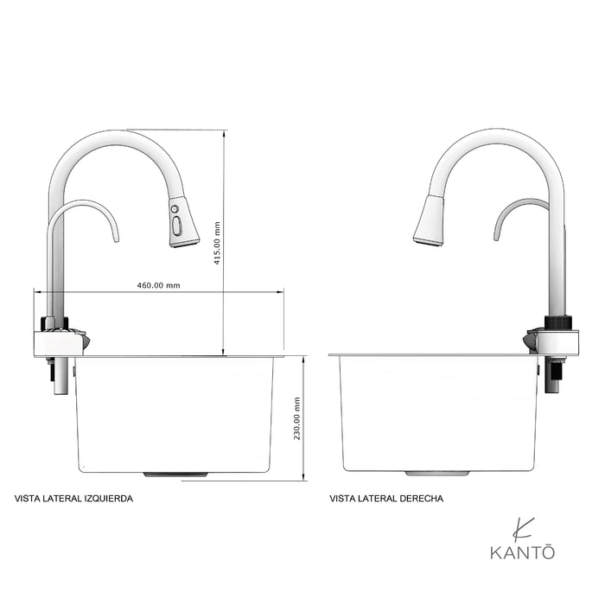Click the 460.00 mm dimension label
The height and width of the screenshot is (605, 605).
pos(158,285)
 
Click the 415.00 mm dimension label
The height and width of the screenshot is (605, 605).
pos(217,243)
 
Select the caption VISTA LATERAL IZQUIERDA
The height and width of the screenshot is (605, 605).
pos(74,499)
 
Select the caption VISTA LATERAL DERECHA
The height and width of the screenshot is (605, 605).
pos(386,499)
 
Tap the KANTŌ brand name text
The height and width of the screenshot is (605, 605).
pos(523,551)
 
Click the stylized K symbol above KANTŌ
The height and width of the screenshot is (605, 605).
pos(522,527)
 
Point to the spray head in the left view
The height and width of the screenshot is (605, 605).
pos(183,222)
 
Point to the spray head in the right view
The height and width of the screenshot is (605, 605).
pos(430,221)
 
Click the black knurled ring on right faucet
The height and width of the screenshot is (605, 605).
pos(557,322)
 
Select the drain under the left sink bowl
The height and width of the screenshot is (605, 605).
pos(175,474)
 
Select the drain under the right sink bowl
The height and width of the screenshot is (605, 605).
pos(437,474)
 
